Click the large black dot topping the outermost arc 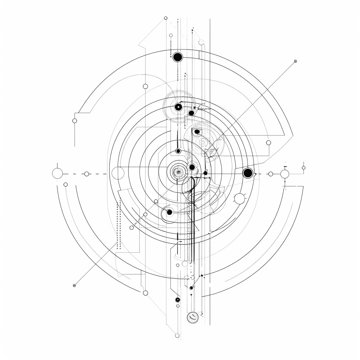[x=178, y=57]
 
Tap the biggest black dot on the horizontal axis [x=248, y=173]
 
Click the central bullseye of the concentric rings [x=178, y=172]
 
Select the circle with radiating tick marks [x=240, y=199]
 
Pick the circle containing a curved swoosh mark [x=193, y=317]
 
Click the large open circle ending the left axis [x=57, y=173]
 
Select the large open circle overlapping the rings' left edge [x=118, y=173]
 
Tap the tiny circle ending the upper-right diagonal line [x=295, y=61]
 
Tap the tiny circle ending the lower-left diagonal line [x=74, y=285]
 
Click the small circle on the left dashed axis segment [x=87, y=174]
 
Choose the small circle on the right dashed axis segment [x=271, y=174]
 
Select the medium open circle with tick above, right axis [x=285, y=174]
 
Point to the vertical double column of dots [x=118, y=225]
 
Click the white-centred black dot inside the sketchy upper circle [x=178, y=107]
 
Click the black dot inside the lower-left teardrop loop [x=169, y=212]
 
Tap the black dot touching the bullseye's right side [x=192, y=167]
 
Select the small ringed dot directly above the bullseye [x=178, y=151]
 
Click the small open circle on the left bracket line [x=75, y=121]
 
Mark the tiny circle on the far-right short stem [x=304, y=168]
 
